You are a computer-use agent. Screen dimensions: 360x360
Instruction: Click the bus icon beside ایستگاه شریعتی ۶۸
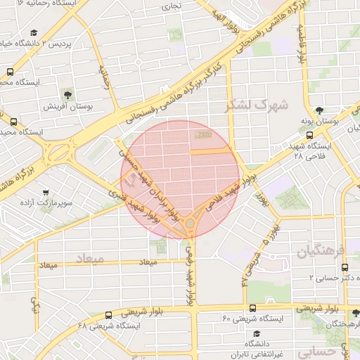click(x=108, y=315)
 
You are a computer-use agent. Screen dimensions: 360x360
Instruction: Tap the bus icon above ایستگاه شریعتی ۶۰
click(x=252, y=307)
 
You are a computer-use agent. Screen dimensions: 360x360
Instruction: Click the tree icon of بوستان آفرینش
click(x=67, y=94)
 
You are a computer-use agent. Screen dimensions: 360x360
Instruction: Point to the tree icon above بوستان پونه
click(x=320, y=110)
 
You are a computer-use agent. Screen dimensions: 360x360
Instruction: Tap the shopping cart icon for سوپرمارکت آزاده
click(x=46, y=192)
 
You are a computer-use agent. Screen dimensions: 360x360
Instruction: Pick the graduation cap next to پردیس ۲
click(x=34, y=32)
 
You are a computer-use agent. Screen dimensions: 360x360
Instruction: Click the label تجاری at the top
click(x=172, y=7)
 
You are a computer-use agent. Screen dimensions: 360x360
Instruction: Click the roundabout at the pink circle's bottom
click(x=190, y=224)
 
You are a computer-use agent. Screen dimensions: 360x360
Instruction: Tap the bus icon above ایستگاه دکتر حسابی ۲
click(x=345, y=267)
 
